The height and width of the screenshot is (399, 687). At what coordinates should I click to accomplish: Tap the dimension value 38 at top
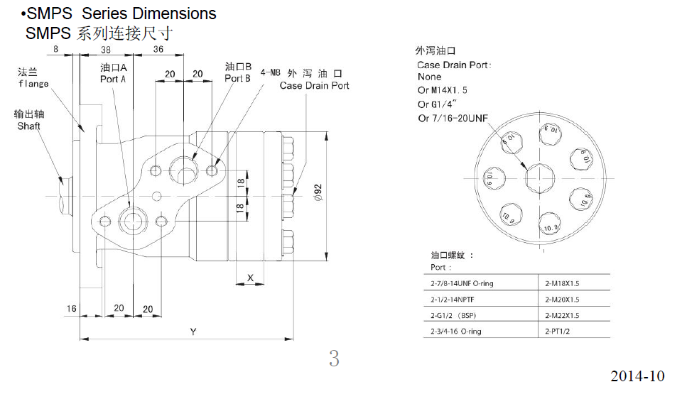[105, 49]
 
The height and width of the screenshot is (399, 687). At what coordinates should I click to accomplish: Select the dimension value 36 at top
[158, 49]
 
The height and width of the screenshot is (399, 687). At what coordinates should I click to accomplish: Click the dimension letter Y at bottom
[193, 332]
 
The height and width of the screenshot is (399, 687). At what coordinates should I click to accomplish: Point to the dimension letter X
[250, 278]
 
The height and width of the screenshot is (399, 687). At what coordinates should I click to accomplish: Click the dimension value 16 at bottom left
[72, 308]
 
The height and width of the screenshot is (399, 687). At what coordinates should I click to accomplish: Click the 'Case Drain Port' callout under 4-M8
[314, 86]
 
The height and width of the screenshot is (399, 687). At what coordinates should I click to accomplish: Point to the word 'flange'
[33, 84]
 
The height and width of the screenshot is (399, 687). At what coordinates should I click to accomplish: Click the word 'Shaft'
[29, 126]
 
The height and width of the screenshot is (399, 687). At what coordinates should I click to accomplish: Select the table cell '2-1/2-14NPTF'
[455, 299]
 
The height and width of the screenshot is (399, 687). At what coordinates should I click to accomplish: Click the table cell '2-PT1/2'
[558, 331]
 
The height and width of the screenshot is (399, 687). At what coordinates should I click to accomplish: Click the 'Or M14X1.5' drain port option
[443, 90]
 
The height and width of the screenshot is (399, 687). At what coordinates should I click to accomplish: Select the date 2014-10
[637, 376]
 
